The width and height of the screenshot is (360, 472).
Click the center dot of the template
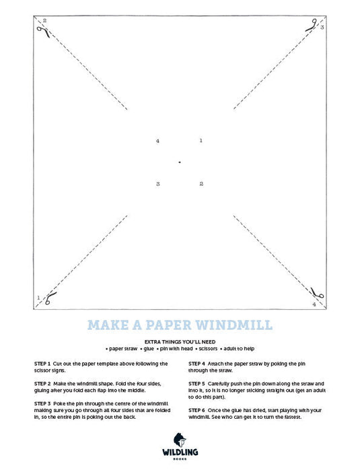click(x=180, y=162)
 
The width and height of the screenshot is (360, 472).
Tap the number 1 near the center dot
click(x=201, y=141)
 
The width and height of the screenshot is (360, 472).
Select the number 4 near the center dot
click(x=157, y=141)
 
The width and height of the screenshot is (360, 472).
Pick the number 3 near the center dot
click(x=158, y=184)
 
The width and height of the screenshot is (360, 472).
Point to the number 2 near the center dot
click(x=201, y=184)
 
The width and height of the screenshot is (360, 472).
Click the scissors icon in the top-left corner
click(x=44, y=31)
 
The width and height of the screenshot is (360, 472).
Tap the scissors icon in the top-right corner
click(x=312, y=26)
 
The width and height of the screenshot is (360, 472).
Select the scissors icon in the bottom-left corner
click(x=50, y=298)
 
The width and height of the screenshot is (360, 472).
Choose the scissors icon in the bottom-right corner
click(x=317, y=293)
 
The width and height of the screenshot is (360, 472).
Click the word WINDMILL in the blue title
click(x=234, y=325)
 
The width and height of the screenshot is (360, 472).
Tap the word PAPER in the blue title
click(x=168, y=325)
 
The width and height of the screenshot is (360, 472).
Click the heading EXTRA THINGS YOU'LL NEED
click(x=180, y=341)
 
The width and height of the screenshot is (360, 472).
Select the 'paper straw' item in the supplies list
click(x=122, y=349)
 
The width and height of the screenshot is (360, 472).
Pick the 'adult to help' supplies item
click(x=238, y=349)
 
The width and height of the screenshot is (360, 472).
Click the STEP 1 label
click(x=42, y=364)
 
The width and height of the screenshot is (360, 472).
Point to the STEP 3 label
click(x=42, y=404)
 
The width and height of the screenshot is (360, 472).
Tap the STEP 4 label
click(x=196, y=364)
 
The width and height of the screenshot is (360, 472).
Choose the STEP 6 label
click(x=196, y=410)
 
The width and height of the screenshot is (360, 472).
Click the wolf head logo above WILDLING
click(x=180, y=440)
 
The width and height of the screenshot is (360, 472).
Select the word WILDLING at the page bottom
click(x=180, y=452)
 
